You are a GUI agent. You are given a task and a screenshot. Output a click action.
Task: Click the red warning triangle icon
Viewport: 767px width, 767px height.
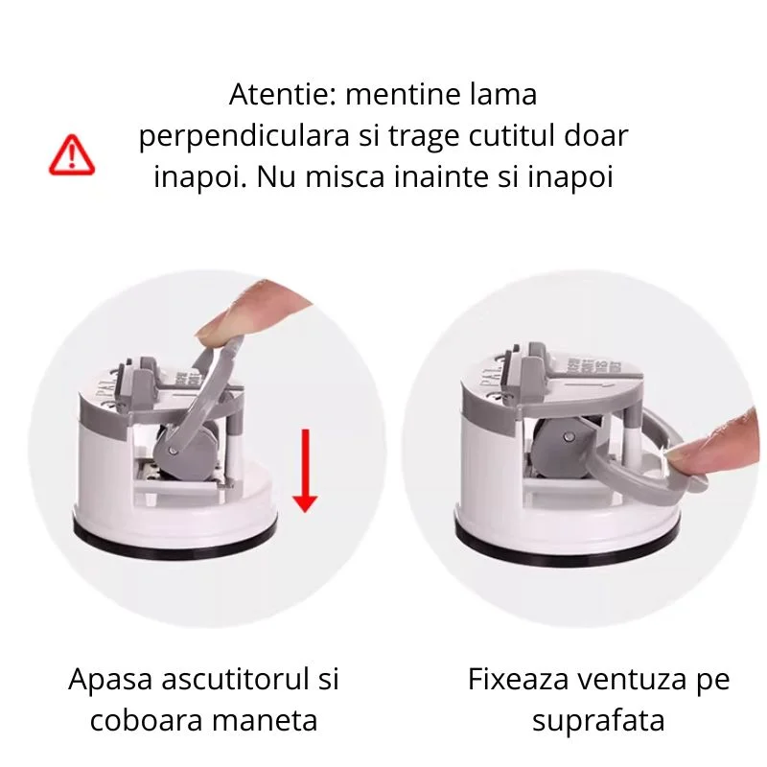pos(72,154)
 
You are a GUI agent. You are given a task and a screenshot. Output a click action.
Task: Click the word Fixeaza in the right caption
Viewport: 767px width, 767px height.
pos(519,682)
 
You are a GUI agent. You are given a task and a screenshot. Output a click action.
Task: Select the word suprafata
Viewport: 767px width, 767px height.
pos(598,719)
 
